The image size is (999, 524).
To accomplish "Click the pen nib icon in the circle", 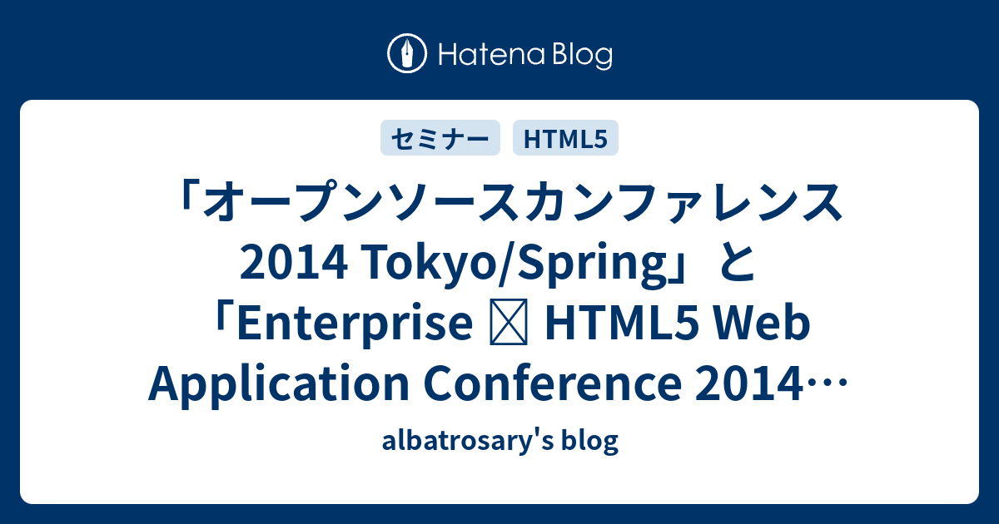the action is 407,53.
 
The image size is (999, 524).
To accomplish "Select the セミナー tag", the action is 440,138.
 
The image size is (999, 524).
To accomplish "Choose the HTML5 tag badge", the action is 565,138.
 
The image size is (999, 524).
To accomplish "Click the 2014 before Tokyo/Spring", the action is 293,264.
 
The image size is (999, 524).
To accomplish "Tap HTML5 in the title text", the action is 621,324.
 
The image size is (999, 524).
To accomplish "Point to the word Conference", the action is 552,384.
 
